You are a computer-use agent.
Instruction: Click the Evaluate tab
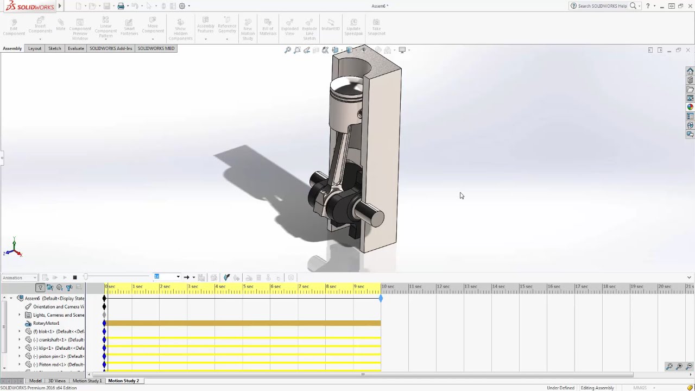75,48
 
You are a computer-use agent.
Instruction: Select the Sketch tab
54,48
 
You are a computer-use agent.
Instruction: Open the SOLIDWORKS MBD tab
156,48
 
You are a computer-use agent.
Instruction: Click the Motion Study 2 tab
123,381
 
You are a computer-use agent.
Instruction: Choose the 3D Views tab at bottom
57,381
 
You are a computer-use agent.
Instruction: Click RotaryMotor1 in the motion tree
46,323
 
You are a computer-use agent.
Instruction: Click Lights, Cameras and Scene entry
59,315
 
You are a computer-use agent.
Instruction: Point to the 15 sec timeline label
525,287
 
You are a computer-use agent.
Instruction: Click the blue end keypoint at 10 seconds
381,299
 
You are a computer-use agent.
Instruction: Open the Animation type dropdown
20,278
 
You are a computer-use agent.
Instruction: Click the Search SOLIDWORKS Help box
602,6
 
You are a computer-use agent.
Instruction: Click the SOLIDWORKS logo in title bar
30,6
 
